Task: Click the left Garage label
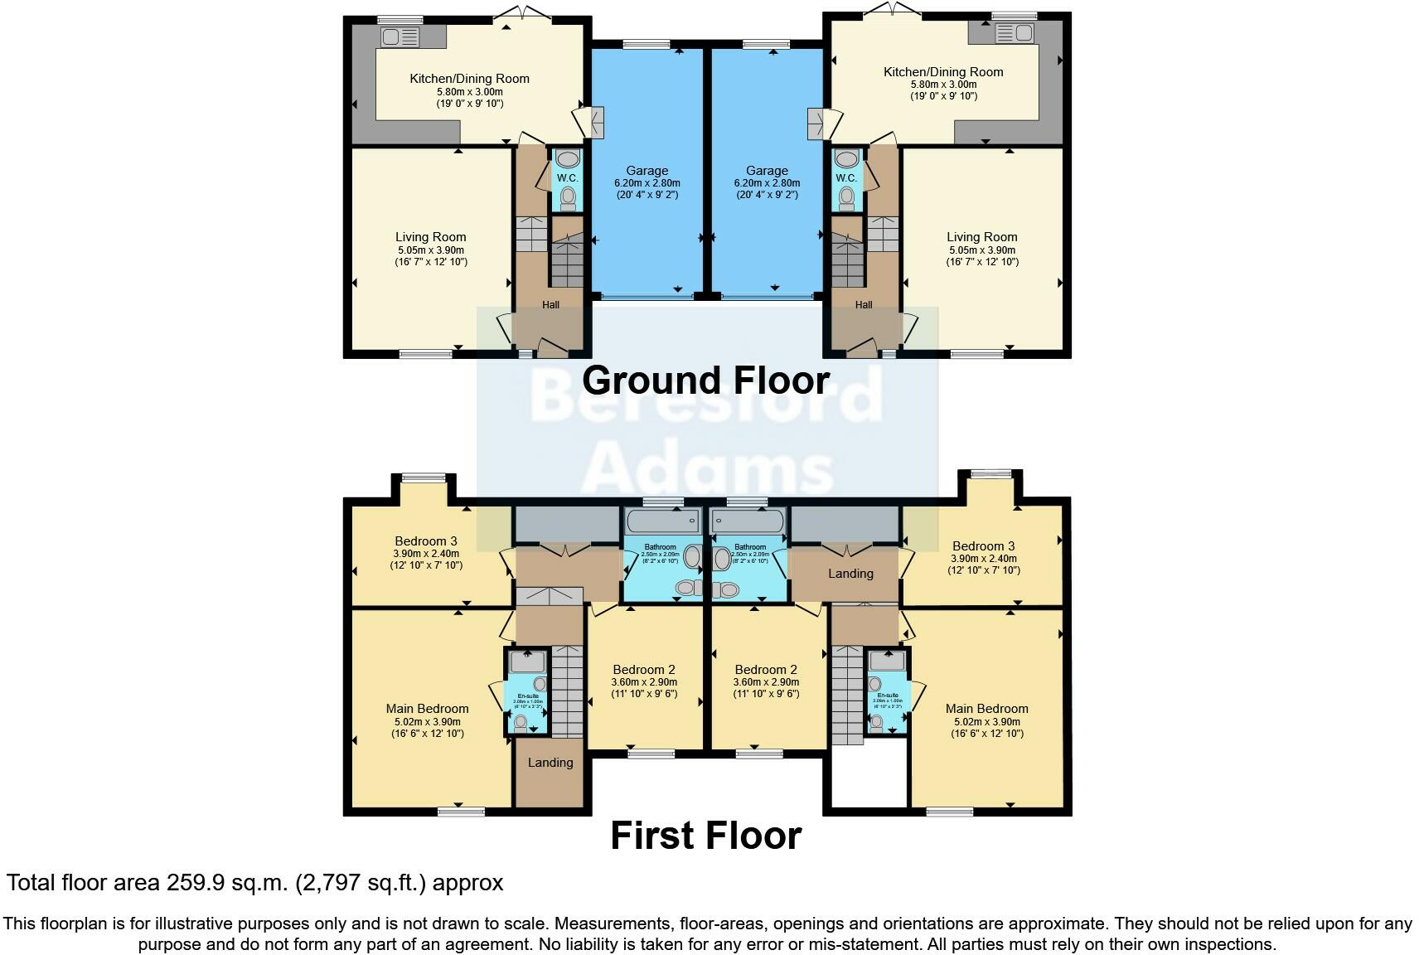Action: pyautogui.click(x=647, y=171)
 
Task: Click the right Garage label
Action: pyautogui.click(x=767, y=171)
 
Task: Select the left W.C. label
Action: pyautogui.click(x=567, y=178)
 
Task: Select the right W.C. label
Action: pyautogui.click(x=846, y=178)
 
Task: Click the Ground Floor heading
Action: pyautogui.click(x=705, y=381)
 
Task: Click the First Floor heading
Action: pyautogui.click(x=705, y=836)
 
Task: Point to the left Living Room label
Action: pyautogui.click(x=430, y=237)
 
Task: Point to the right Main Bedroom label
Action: pyautogui.click(x=986, y=709)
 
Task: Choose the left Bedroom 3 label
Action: pyautogui.click(x=425, y=541)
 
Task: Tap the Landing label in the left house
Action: pyautogui.click(x=550, y=763)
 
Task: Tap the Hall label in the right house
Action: pyautogui.click(x=864, y=305)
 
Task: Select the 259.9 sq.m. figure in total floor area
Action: pyautogui.click(x=225, y=883)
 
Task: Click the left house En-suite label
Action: pyautogui.click(x=528, y=696)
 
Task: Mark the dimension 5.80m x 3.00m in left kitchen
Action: pyautogui.click(x=469, y=92)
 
